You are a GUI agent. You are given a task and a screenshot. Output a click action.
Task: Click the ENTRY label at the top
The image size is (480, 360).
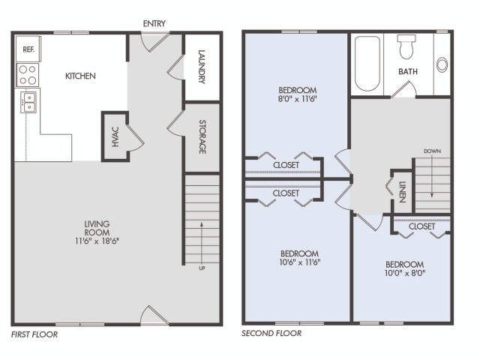click(x=154, y=23)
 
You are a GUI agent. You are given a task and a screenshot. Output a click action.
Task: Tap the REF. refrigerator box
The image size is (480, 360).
click(x=28, y=49)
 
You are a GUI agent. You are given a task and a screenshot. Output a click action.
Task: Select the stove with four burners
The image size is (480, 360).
click(x=28, y=74)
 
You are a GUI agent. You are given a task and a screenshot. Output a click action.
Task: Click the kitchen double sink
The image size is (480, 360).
click(x=28, y=100)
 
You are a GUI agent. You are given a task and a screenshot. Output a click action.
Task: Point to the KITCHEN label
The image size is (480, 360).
click(x=80, y=76)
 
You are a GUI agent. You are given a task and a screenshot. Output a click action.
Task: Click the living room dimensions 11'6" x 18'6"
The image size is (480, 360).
click(x=98, y=241)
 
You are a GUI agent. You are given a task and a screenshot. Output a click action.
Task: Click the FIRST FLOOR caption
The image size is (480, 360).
click(x=34, y=334)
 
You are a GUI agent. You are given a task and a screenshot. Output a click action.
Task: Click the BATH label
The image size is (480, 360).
click(x=408, y=72)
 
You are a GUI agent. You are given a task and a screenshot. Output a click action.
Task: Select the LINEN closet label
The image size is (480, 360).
click(x=402, y=193)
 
